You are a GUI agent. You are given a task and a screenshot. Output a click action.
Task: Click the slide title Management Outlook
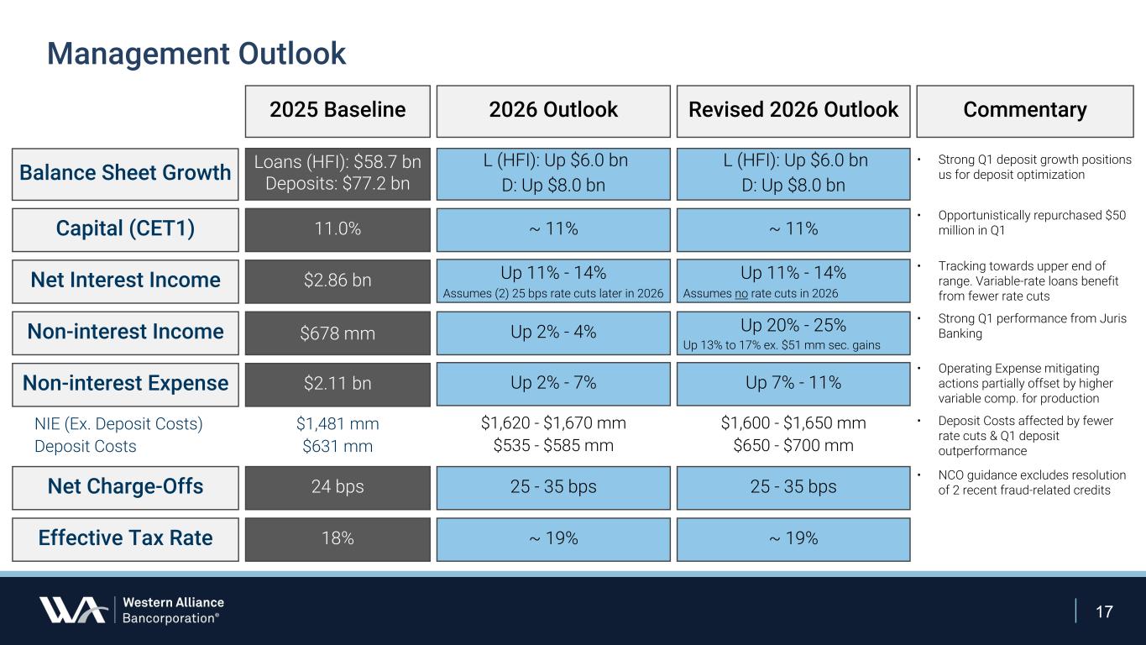pos(196,54)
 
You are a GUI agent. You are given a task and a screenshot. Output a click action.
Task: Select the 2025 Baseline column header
pos(338,110)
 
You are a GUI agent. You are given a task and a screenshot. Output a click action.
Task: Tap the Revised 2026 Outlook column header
pos(793,110)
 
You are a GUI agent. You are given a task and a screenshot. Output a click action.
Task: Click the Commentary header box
pos(1024,110)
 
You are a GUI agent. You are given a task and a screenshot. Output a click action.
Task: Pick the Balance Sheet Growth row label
pos(125,173)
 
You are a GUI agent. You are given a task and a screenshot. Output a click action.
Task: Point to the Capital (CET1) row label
pos(125,229)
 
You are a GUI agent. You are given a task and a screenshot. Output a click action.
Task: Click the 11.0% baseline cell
pos(338,229)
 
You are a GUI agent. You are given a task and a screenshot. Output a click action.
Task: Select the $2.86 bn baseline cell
pos(338,281)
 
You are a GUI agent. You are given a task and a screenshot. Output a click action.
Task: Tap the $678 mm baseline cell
pos(338,333)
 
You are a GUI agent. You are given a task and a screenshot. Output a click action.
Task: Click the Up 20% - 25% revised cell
pos(793,326)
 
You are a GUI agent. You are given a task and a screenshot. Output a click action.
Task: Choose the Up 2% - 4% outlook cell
pos(553,333)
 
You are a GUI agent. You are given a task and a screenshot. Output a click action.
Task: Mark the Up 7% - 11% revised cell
pos(793,384)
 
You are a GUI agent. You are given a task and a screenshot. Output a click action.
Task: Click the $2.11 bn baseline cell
pos(338,384)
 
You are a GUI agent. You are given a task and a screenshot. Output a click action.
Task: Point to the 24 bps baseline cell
pos(338,487)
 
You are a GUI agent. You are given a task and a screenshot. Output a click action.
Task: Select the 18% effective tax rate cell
pos(338,538)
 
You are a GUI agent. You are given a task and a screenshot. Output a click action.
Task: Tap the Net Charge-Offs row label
pos(125,487)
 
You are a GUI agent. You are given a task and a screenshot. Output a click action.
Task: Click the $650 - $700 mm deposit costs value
pos(793,446)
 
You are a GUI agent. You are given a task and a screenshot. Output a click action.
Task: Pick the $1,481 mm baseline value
pos(338,424)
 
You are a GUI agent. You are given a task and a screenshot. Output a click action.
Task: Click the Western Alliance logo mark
pos(72,610)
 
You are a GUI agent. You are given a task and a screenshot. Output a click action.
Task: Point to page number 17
pos(1104,611)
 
